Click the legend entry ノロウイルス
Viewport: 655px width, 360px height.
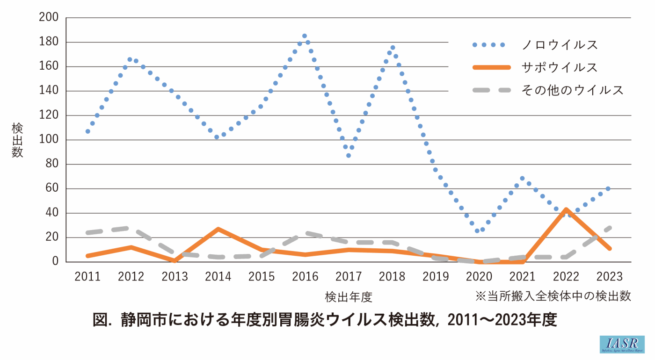tap(560, 45)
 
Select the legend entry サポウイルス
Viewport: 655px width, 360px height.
tap(560, 67)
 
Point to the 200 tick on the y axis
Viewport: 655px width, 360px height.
tap(50, 18)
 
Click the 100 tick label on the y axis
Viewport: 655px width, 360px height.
tap(50, 140)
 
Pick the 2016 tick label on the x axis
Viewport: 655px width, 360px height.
tap(305, 276)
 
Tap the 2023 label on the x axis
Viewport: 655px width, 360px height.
tap(609, 276)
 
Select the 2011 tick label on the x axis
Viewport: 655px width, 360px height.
tap(87, 276)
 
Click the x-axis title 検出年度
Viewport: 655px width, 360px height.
tap(349, 296)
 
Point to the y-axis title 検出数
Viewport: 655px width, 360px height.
tap(17, 140)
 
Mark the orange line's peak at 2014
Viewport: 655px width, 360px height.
tap(218, 229)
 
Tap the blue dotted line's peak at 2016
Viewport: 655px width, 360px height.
tap(305, 36)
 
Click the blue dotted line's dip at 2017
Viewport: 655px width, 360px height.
tap(349, 155)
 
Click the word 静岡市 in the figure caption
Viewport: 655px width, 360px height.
tap(137, 320)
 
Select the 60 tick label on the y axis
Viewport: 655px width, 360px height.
tap(52, 189)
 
